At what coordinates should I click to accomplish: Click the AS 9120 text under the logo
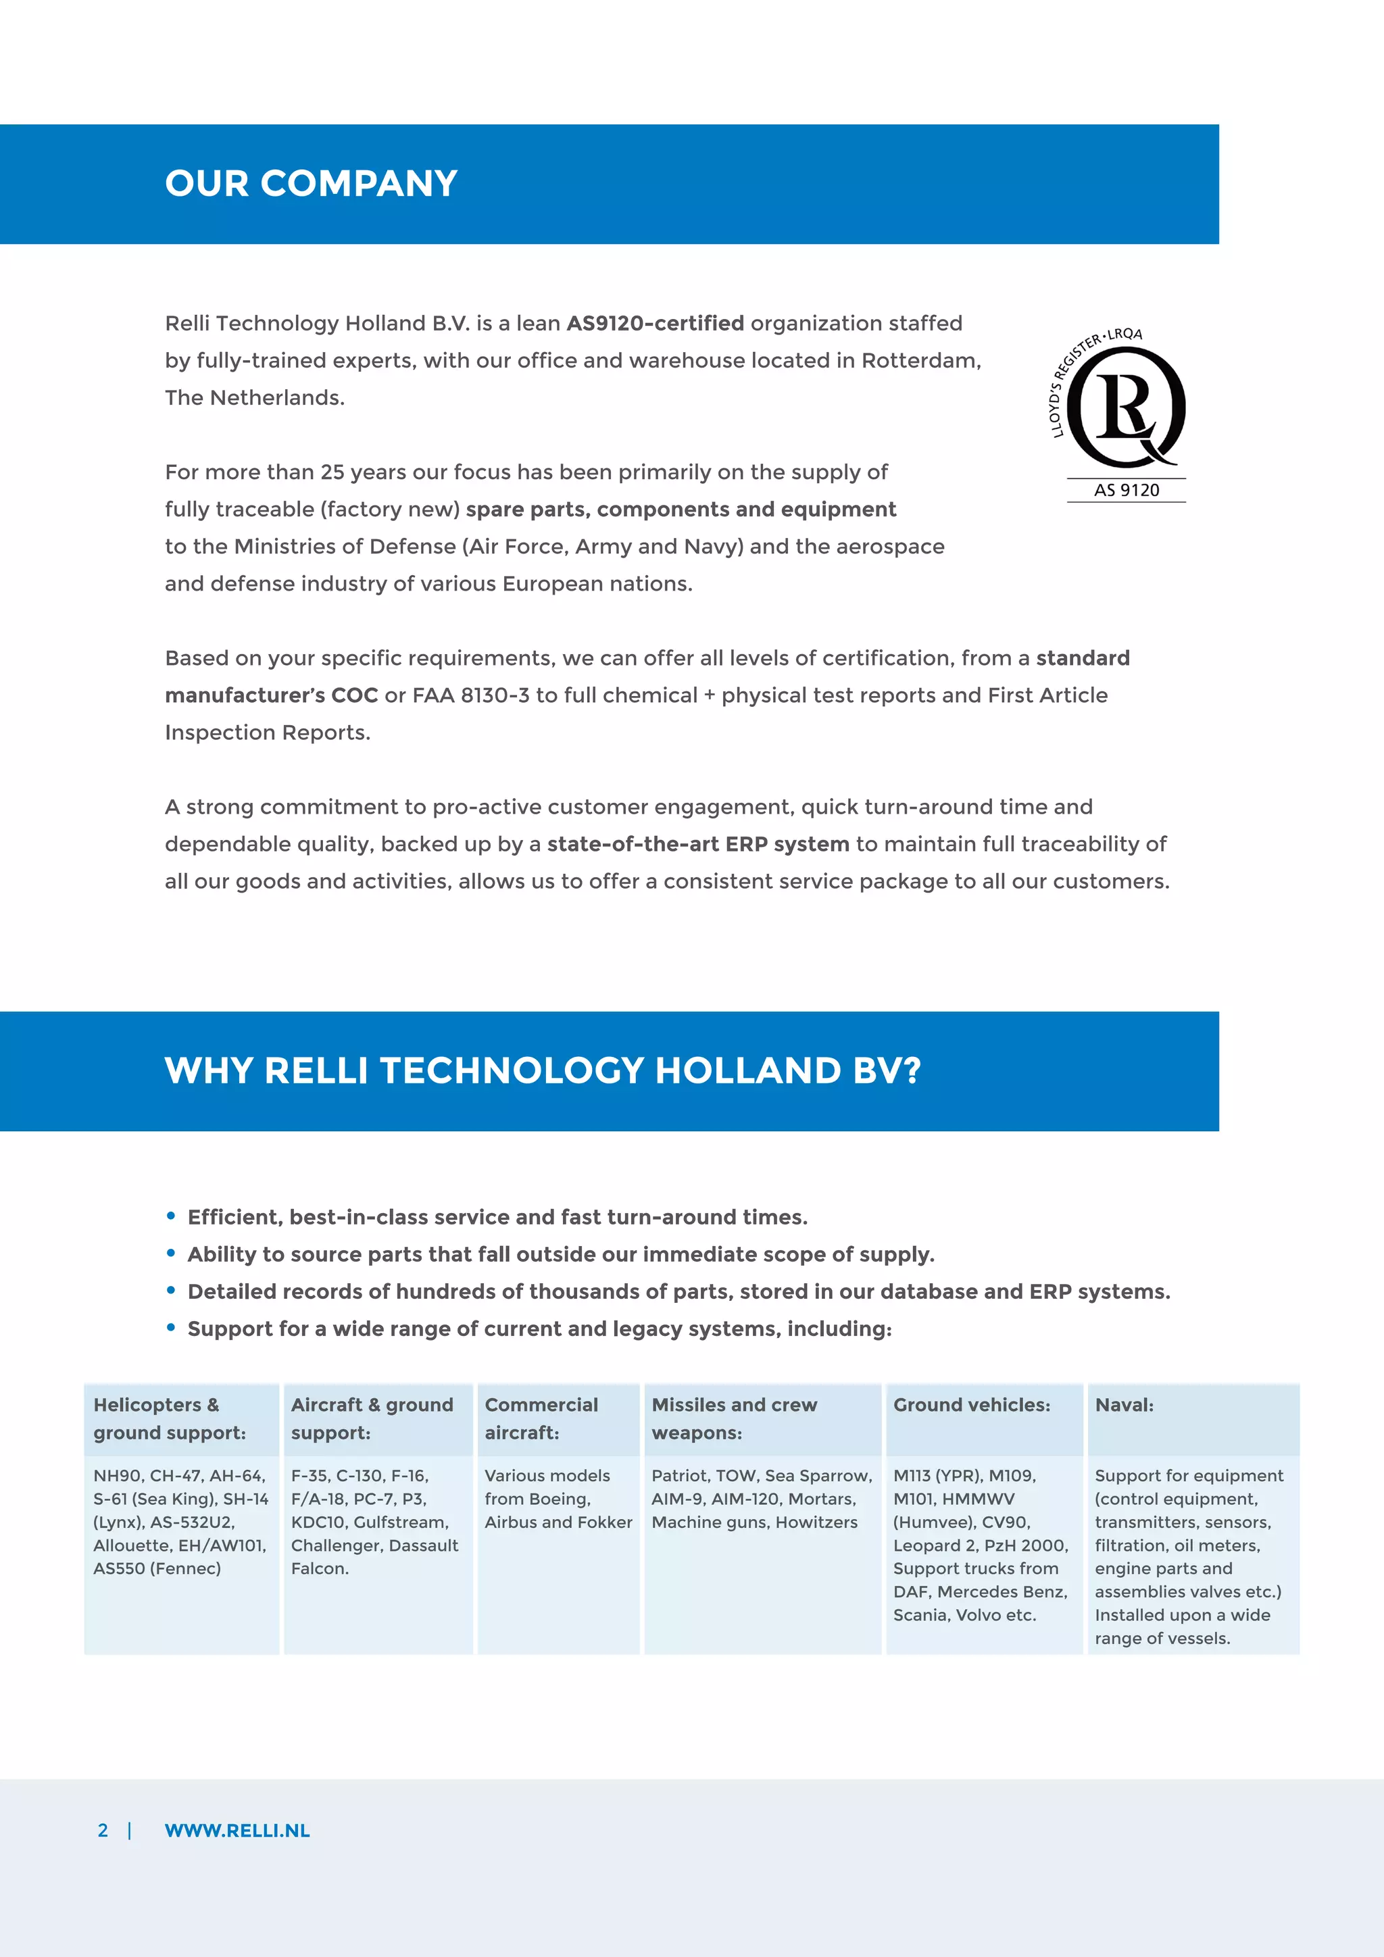tap(1126, 490)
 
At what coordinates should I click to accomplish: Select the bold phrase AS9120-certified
tap(655, 324)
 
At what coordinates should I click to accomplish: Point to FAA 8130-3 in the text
tap(470, 695)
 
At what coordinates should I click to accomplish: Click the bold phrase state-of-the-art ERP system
tap(698, 844)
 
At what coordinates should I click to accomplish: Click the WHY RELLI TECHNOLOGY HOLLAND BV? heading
tap(542, 1070)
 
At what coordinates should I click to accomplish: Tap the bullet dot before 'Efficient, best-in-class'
tap(171, 1216)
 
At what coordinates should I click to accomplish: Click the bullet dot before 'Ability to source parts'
tap(171, 1253)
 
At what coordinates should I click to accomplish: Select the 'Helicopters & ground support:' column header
tap(170, 1418)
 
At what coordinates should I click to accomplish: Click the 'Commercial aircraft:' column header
tap(541, 1418)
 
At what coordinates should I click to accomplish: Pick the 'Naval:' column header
tap(1124, 1405)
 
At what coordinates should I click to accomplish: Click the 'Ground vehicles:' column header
tap(972, 1405)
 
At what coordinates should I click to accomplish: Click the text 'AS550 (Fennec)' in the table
tap(157, 1568)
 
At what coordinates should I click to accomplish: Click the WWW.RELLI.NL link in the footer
tap(237, 1831)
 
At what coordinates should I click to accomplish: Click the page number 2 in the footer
tap(103, 1831)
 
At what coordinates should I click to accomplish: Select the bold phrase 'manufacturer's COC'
tap(271, 695)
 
